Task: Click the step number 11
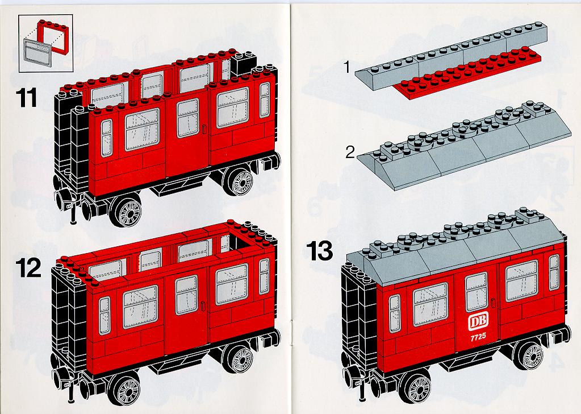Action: [27, 97]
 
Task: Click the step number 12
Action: [28, 268]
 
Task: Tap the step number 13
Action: [319, 251]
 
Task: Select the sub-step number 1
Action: [347, 68]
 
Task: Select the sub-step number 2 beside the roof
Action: [350, 152]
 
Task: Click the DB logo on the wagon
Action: [478, 321]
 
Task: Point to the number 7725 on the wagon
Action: [478, 337]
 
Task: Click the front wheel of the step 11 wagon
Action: [127, 210]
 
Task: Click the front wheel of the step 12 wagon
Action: [124, 388]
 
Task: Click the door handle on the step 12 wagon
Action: [203, 306]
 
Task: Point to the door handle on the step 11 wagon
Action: [204, 129]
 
